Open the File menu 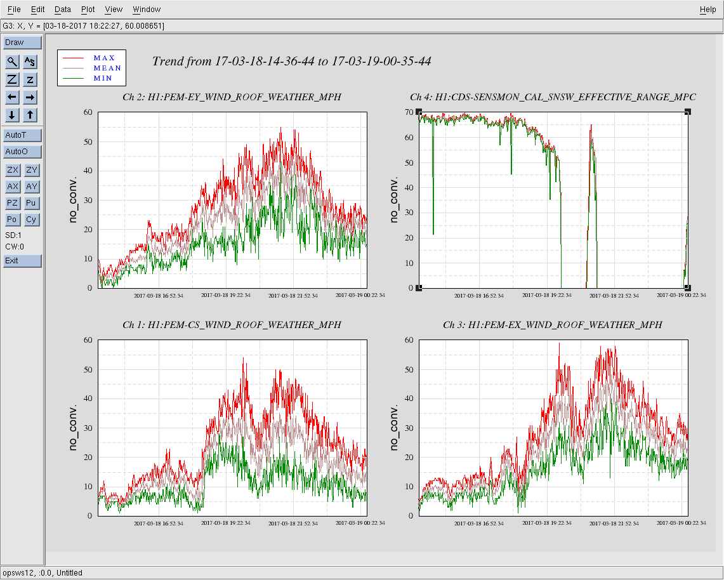click(x=14, y=10)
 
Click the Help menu click(x=708, y=10)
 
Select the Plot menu click(x=88, y=10)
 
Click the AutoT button click(x=22, y=135)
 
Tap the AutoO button click(x=22, y=152)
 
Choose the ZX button click(x=13, y=170)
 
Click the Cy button click(x=31, y=220)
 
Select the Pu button click(x=31, y=203)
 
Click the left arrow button click(x=13, y=97)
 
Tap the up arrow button click(x=31, y=115)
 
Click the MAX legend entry click(x=104, y=58)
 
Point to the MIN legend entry click(x=104, y=78)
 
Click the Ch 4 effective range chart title click(x=553, y=97)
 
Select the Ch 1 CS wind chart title click(x=232, y=325)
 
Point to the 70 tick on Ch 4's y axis click(x=409, y=112)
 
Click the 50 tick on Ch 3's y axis click(x=409, y=369)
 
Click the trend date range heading click(x=292, y=62)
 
